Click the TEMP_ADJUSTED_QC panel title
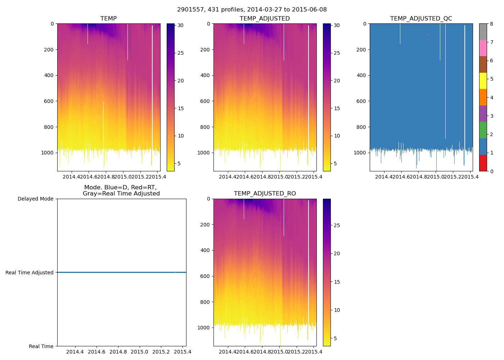pyautogui.click(x=421, y=18)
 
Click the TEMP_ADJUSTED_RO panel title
pyautogui.click(x=265, y=194)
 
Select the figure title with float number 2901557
pyautogui.click(x=252, y=10)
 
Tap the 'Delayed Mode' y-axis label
pyautogui.click(x=35, y=199)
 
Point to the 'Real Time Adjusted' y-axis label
pyautogui.click(x=29, y=273)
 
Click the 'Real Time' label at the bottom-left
pyautogui.click(x=41, y=346)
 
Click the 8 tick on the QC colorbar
pyautogui.click(x=491, y=24)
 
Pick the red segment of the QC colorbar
pyautogui.click(x=483, y=163)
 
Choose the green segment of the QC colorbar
pyautogui.click(x=483, y=130)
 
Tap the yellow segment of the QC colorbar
pyautogui.click(x=483, y=81)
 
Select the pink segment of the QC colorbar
pyautogui.click(x=483, y=48)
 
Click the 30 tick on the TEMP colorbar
pyautogui.click(x=180, y=26)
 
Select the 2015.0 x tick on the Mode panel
pyautogui.click(x=139, y=352)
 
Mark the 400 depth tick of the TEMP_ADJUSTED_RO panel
pyautogui.click(x=205, y=250)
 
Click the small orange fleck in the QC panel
pyautogui.click(x=428, y=34)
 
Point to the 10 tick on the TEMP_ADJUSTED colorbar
pyautogui.click(x=337, y=136)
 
